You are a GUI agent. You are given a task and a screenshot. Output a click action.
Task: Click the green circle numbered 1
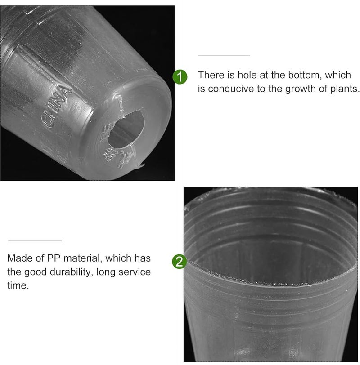click(x=180, y=77)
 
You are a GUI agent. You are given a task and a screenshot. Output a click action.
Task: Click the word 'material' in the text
click(x=85, y=258)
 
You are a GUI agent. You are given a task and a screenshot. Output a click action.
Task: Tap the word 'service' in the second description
click(x=135, y=272)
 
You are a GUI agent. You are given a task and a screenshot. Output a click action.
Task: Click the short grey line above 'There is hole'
click(x=224, y=56)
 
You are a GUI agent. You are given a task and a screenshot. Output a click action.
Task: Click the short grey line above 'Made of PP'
click(x=35, y=241)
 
